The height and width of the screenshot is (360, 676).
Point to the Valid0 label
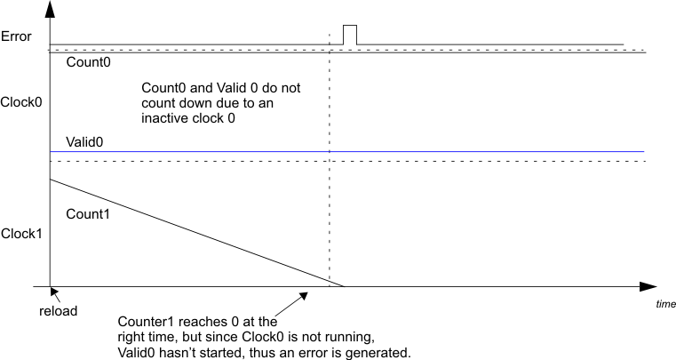pos(84,141)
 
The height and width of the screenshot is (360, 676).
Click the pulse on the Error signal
pos(350,34)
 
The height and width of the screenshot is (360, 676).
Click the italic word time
pos(665,304)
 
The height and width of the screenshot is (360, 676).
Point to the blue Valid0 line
pos(355,152)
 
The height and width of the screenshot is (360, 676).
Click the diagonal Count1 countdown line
pos(195,233)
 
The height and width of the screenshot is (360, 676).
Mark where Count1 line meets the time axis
pos(344,286)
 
